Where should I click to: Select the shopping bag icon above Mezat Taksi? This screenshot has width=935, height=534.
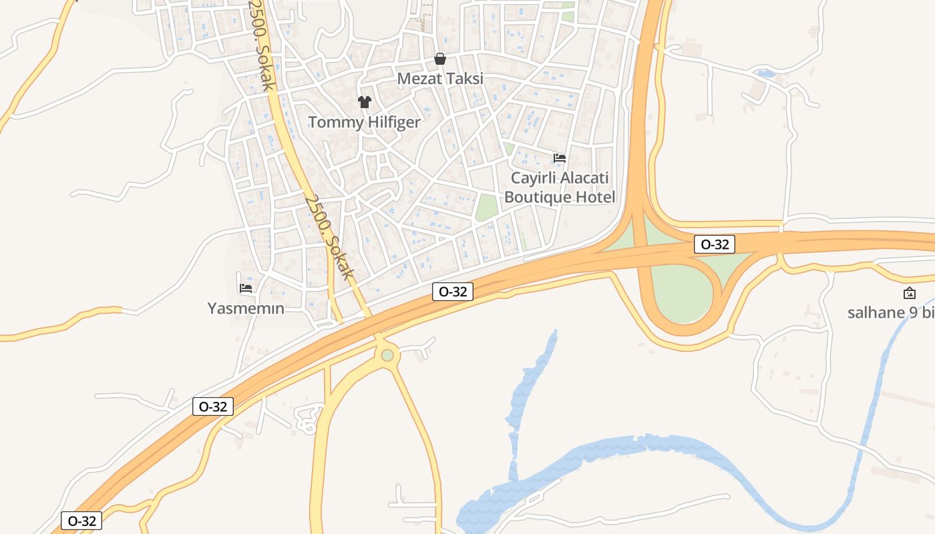(440, 59)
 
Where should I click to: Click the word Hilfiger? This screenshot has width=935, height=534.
(390, 122)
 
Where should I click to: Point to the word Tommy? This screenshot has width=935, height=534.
(333, 123)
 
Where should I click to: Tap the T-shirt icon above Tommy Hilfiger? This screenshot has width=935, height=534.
(364, 102)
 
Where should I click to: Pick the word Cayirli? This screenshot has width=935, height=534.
(533, 178)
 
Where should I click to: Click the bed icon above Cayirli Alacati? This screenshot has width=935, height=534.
(560, 158)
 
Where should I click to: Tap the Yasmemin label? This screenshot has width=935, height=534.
(246, 308)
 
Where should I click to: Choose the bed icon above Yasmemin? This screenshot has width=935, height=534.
(246, 288)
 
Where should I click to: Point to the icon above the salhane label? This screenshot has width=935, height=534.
(909, 293)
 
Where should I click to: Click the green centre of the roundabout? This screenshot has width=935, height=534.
(387, 355)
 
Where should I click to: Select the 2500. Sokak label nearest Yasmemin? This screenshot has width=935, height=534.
(328, 237)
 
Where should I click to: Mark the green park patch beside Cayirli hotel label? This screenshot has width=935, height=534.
(487, 207)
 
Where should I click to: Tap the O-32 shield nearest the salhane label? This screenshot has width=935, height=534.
(714, 244)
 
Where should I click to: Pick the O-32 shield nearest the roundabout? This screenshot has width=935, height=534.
(452, 292)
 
